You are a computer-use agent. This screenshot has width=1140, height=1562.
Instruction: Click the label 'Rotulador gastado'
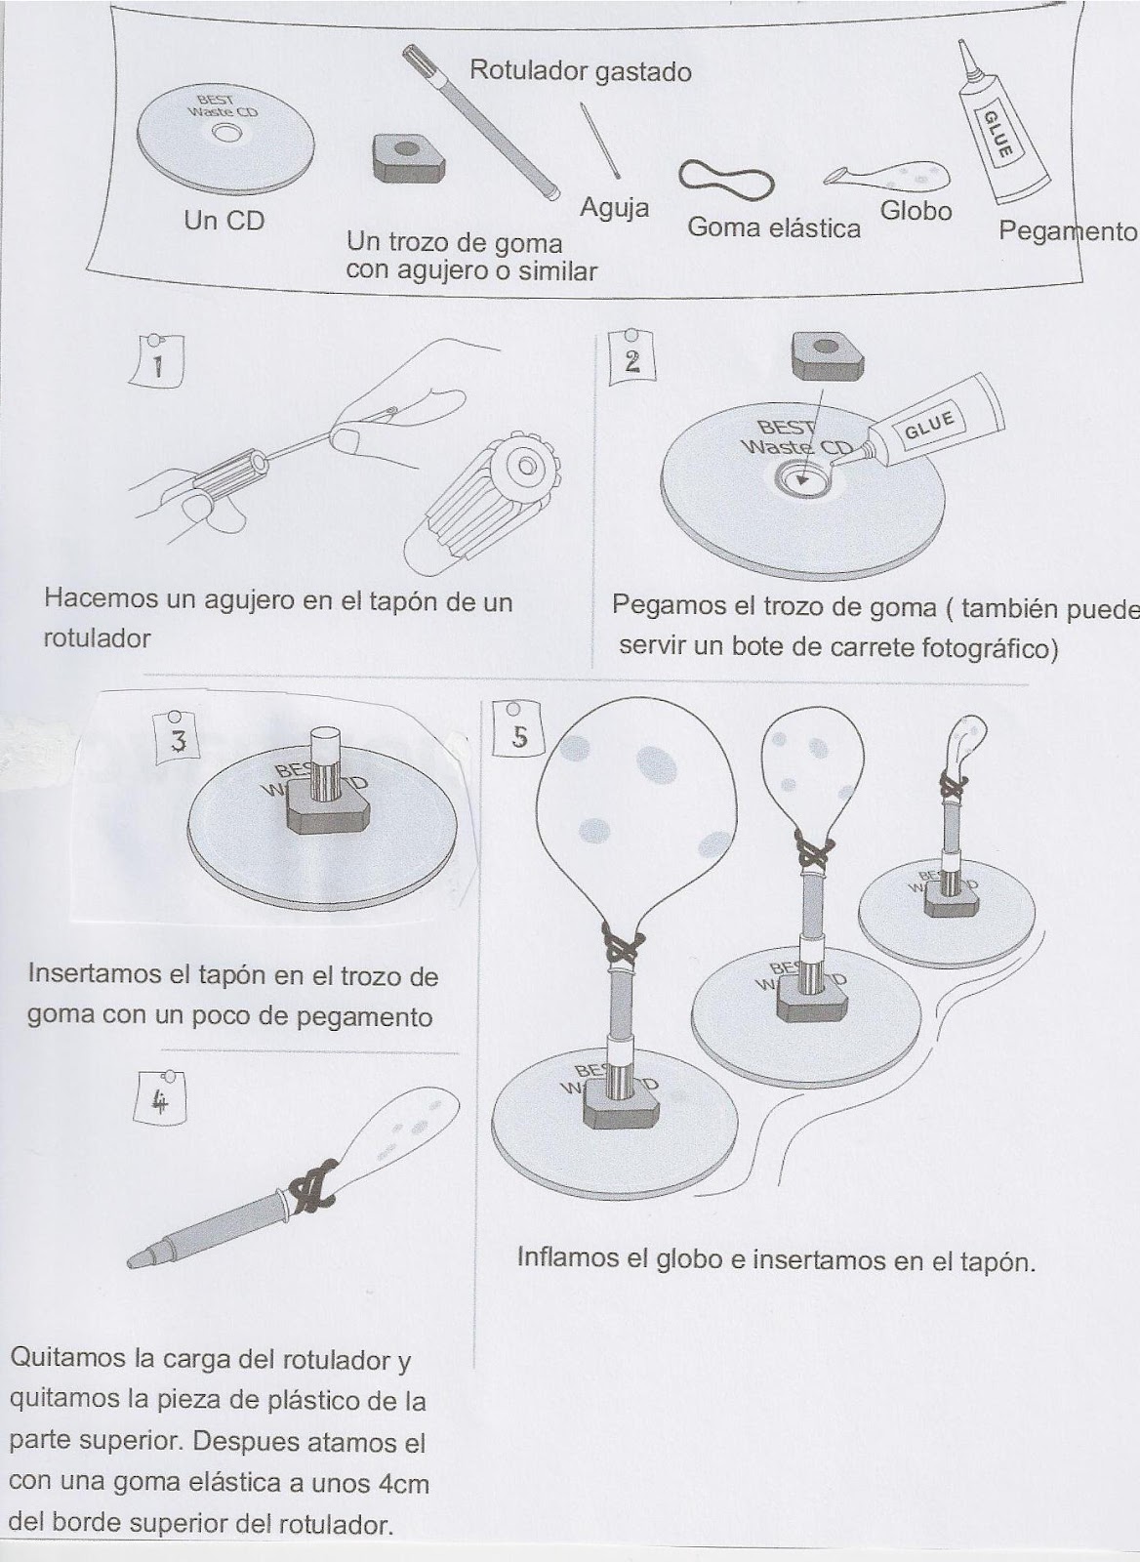[x=580, y=72]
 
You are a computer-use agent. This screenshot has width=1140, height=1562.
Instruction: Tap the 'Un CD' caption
[x=224, y=221]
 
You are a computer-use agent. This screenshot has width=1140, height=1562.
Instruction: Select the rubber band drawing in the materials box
[x=726, y=177]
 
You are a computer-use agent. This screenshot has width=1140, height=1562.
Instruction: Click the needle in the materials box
[x=600, y=141]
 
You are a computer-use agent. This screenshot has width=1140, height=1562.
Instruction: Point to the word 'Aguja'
[x=614, y=208]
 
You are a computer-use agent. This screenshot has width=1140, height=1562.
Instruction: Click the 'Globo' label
[x=916, y=210]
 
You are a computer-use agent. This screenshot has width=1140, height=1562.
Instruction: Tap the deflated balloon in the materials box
[x=886, y=174]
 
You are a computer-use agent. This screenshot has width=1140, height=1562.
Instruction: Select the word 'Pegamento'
[x=1068, y=230]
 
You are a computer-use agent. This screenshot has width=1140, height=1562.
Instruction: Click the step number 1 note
[x=158, y=361]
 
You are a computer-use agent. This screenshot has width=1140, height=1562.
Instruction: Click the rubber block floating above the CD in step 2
[x=828, y=357]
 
